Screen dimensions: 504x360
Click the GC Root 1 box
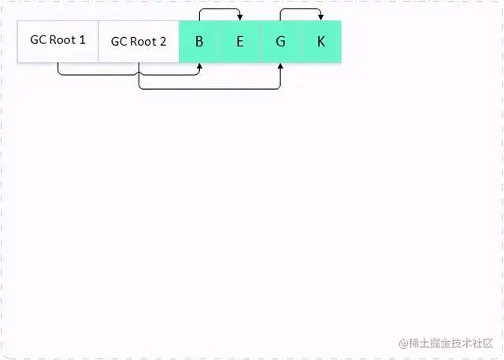pos(57,41)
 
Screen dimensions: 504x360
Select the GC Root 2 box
pos(139,41)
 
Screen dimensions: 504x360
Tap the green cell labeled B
pos(199,41)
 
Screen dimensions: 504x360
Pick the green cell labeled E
pos(240,41)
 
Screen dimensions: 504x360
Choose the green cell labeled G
pos(281,41)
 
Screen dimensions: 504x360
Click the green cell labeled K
pos(321,41)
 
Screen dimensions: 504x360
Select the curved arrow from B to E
pos(220,9)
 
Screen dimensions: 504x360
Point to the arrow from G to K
pos(301,9)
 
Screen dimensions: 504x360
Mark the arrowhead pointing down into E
pos(240,17)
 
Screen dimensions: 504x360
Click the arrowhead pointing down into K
pos(321,17)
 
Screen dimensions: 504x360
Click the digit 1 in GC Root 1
pos(82,39)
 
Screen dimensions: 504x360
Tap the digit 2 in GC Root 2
pos(162,41)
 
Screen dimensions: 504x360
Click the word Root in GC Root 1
pos(64,39)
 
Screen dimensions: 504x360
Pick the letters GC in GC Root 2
pos(119,41)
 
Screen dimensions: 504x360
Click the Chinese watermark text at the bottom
pos(453,343)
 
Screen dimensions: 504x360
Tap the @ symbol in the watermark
pos(403,344)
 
